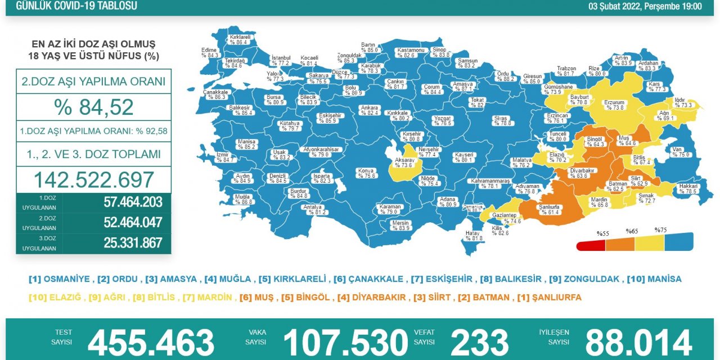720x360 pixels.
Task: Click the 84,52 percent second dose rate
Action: tap(94, 107)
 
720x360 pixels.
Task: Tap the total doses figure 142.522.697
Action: tap(94, 179)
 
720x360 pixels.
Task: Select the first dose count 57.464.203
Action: tap(133, 202)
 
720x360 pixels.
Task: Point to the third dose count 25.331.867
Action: tap(133, 243)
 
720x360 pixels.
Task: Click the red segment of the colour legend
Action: tap(591, 245)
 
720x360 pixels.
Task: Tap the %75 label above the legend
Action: tap(660, 230)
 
